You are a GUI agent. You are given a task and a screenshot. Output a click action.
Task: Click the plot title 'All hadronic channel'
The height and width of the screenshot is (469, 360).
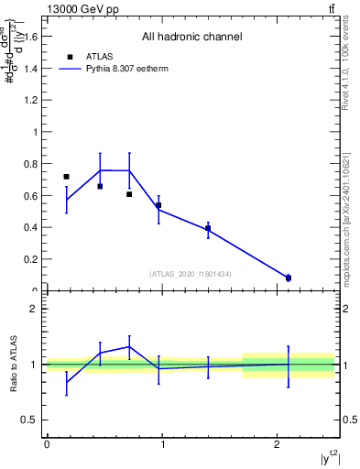click(x=191, y=38)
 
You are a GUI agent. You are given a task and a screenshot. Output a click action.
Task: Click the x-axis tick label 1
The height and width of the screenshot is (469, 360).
click(x=161, y=445)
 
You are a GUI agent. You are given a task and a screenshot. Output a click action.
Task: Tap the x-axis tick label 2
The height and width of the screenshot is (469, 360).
click(x=277, y=445)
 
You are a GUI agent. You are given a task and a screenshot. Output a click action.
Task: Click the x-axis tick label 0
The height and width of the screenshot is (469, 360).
click(x=46, y=445)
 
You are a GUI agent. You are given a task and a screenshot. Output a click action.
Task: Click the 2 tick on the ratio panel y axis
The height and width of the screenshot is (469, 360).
click(x=33, y=309)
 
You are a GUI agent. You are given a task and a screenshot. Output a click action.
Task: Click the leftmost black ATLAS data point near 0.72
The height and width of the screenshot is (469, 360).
click(x=66, y=177)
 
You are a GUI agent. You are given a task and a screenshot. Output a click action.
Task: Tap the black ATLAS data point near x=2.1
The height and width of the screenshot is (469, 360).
click(x=289, y=278)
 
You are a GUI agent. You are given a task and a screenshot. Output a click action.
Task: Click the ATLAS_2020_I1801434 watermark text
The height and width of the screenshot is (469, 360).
click(x=191, y=274)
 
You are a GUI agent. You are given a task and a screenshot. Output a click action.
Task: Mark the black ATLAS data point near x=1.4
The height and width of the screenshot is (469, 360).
click(x=208, y=228)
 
